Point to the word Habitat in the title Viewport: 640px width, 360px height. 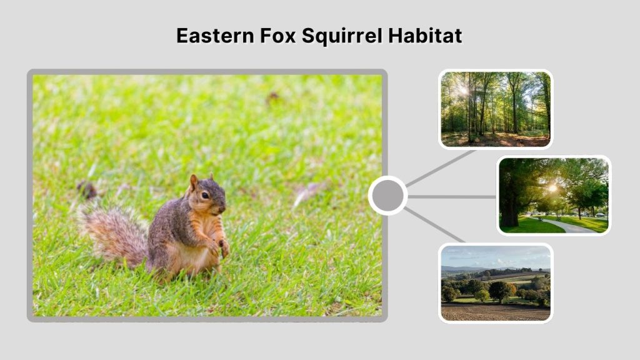tap(426, 36)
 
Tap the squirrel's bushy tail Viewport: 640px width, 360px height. tap(112, 234)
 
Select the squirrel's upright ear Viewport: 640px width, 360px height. tap(194, 182)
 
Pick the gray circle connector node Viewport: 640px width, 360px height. tap(387, 196)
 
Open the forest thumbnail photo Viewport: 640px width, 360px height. tap(495, 109)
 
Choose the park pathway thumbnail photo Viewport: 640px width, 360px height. tap(553, 195)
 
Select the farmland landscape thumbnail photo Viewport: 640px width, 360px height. tap(495, 282)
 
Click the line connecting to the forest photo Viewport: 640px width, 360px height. tap(441, 167)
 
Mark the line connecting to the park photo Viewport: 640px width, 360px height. tap(452, 196)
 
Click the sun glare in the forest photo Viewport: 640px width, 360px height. tap(463, 90)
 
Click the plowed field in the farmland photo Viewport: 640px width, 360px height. tap(494, 311)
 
